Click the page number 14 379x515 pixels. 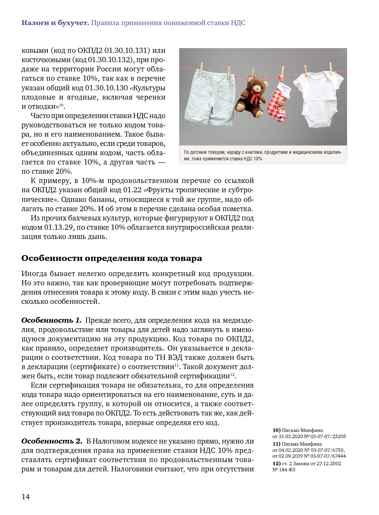(x=26, y=496)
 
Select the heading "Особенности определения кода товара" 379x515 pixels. (x=112, y=258)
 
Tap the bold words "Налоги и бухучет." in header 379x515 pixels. (x=55, y=23)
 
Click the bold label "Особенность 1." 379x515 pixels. (x=51, y=320)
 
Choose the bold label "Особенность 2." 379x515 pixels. (x=51, y=441)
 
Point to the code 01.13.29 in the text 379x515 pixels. (x=59, y=227)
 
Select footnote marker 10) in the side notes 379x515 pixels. (x=276, y=430)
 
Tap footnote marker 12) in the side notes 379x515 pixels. (x=276, y=463)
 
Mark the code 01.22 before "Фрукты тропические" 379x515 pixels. (x=133, y=190)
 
